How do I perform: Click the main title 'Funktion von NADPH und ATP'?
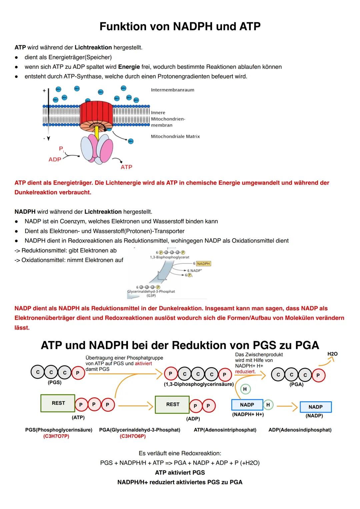[x=180, y=26]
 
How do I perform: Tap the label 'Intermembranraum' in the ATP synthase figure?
[x=172, y=90]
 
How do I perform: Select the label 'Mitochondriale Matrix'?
[x=175, y=136]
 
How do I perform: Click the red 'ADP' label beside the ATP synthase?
[x=55, y=160]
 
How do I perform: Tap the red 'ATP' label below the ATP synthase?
[x=126, y=167]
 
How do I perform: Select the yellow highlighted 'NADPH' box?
[x=203, y=264]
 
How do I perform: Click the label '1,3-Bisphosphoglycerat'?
[x=170, y=257]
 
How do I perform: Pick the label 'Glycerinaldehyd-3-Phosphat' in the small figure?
[x=151, y=291]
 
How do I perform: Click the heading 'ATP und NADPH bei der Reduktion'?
[x=180, y=345]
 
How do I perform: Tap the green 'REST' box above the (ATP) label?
[x=58, y=403]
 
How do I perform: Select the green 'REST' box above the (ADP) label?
[x=172, y=404]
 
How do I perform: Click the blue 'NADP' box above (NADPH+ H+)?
[x=247, y=405]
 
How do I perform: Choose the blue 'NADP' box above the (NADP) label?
[x=315, y=407]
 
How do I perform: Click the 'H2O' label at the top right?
[x=332, y=354]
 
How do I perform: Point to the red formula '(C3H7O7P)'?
[x=56, y=436]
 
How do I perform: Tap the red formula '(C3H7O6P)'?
[x=132, y=436]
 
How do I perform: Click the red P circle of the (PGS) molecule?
[x=78, y=373]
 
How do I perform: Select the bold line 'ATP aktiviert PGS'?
[x=180, y=472]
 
